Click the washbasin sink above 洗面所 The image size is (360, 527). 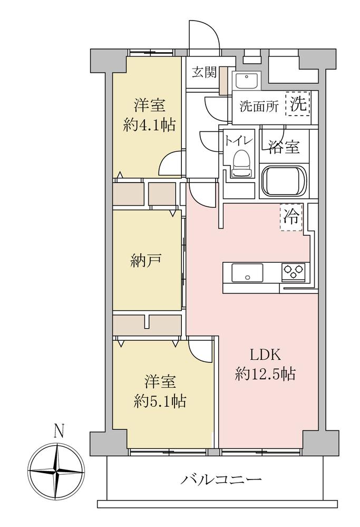point(246,81)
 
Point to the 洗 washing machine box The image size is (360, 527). point(298,103)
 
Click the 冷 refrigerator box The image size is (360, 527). point(291,217)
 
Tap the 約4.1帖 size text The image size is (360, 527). point(149,125)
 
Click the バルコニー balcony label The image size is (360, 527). point(221,480)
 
